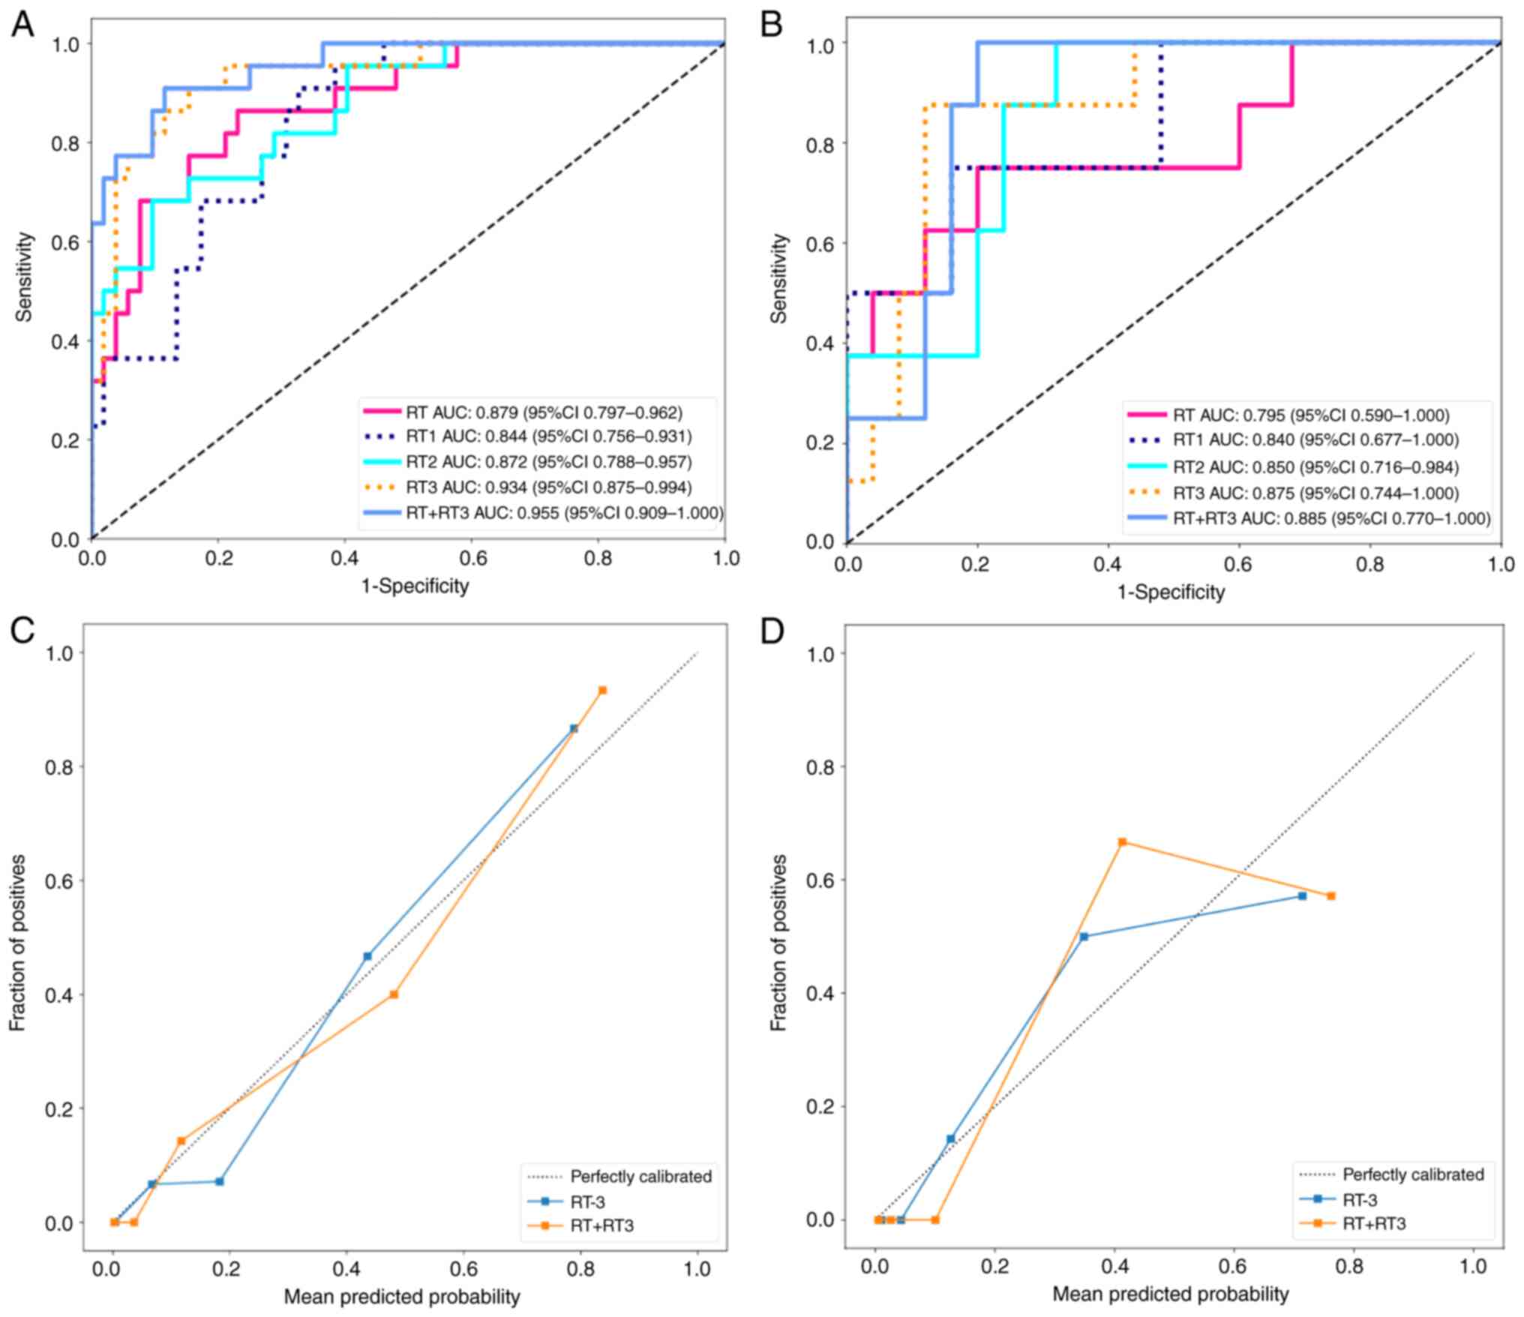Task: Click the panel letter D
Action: coord(772,632)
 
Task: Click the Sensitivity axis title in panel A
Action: coord(25,277)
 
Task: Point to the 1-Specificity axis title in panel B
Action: coord(1171,592)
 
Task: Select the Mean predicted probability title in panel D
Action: coord(1170,1294)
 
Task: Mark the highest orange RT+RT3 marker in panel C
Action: coord(602,690)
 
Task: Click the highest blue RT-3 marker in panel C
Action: coord(574,728)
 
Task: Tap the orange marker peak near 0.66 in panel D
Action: coord(1122,842)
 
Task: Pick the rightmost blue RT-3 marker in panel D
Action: coord(1302,896)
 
